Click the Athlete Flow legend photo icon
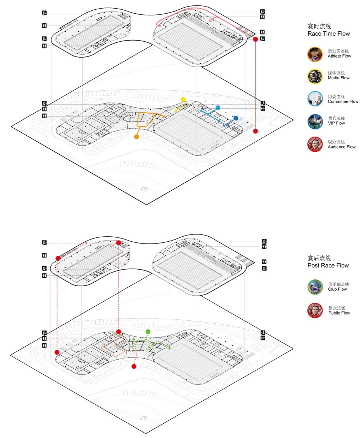coord(315,54)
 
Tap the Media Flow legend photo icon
coord(315,76)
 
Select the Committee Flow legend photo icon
coord(315,99)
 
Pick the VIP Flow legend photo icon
coord(315,121)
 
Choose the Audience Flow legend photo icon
coord(315,144)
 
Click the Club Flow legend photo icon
coord(315,287)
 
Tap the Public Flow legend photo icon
coord(315,310)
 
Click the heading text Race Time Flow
coord(328,34)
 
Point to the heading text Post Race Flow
coord(328,265)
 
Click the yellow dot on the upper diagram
coord(183,99)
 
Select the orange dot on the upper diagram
coord(136,137)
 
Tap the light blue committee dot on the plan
coord(217,108)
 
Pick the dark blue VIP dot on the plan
coord(235,118)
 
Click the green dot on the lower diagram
coord(148,332)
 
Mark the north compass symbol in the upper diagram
coord(144,189)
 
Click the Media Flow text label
coord(338,78)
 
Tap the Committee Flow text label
coord(343,101)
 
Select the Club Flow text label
coord(337,289)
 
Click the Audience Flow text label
coord(342,147)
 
